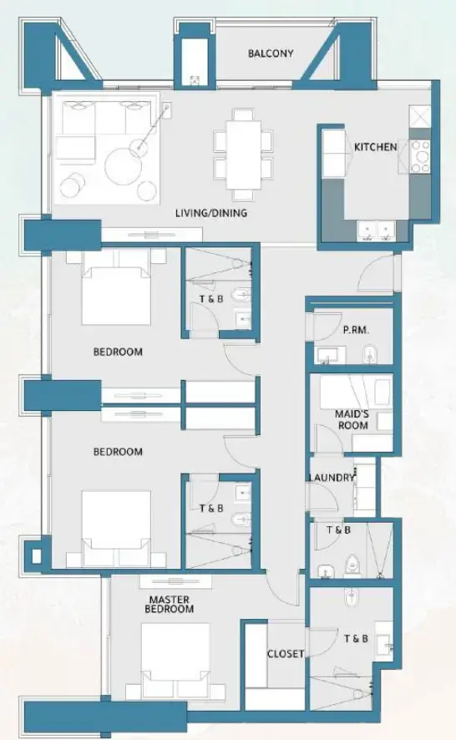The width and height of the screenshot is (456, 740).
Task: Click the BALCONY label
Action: pos(271,53)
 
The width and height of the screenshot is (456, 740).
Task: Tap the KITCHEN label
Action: pos(375,147)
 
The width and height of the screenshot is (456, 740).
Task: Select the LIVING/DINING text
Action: pos(210,213)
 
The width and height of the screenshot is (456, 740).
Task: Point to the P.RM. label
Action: pos(356,330)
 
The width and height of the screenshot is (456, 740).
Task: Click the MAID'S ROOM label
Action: pos(351,419)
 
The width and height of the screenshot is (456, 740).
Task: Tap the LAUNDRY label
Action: pos(331,478)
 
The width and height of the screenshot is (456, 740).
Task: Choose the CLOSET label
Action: pos(286,654)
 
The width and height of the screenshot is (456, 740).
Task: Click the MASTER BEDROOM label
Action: pos(170,604)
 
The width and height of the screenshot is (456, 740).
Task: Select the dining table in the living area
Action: pos(242,150)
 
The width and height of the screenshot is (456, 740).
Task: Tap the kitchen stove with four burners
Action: pos(419,156)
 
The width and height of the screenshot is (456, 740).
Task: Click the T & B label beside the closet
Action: pos(355,639)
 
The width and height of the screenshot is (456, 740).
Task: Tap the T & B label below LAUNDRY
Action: pos(338,530)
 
